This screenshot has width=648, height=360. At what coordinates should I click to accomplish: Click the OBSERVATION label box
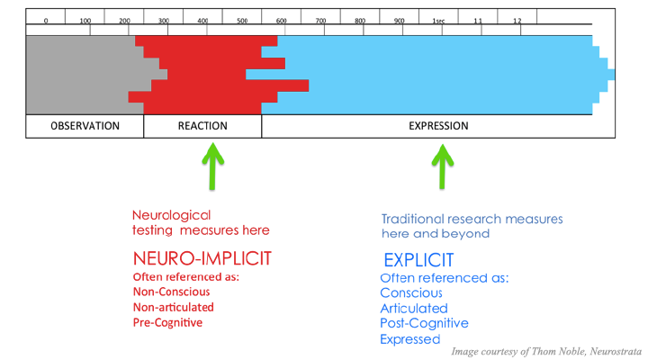click(x=85, y=126)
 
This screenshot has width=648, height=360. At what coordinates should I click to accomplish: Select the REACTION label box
click(x=202, y=126)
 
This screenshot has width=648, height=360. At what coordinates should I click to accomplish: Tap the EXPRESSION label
click(x=438, y=126)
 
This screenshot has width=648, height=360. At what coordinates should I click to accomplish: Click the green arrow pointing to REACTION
click(x=212, y=166)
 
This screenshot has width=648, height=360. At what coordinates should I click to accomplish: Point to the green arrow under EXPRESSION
click(x=443, y=166)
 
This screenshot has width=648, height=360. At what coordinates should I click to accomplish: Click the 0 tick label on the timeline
click(x=46, y=21)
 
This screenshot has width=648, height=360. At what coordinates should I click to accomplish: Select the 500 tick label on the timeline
click(x=242, y=21)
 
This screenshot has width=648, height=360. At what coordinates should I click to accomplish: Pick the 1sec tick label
click(x=438, y=21)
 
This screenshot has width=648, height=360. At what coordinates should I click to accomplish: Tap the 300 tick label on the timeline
click(x=164, y=21)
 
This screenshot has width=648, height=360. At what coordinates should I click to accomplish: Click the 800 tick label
click(x=360, y=21)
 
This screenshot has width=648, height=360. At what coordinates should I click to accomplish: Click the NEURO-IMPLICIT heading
click(x=202, y=258)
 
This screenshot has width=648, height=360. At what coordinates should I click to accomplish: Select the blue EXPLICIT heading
click(x=418, y=260)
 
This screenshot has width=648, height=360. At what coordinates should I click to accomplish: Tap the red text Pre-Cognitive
click(x=167, y=323)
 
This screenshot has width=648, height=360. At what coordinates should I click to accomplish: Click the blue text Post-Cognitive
click(x=424, y=323)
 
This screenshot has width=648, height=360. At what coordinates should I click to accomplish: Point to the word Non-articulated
click(x=174, y=308)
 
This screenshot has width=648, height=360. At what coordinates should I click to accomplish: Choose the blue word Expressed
click(x=410, y=339)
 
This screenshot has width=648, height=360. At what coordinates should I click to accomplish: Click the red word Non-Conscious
click(x=172, y=292)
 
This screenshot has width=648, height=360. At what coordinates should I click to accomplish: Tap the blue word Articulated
click(x=414, y=309)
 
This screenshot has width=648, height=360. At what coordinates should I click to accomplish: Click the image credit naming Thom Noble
click(x=546, y=352)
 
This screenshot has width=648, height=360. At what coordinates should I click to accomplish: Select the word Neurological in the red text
click(x=172, y=216)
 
